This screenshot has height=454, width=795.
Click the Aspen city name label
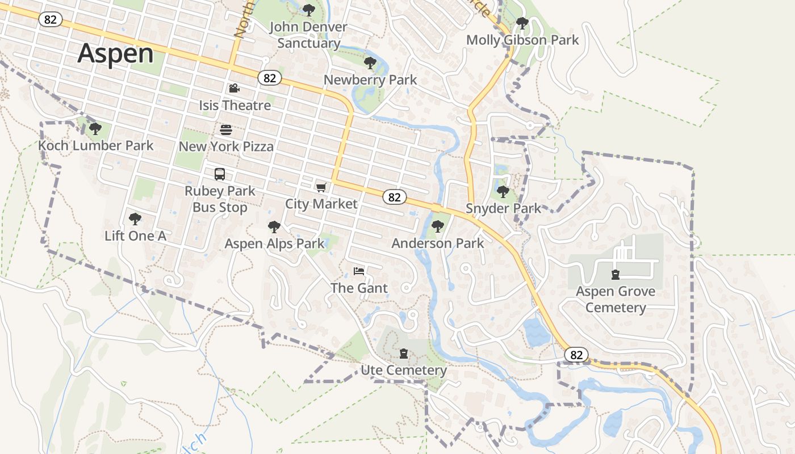pos(115,53)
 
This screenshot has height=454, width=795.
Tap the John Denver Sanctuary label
pos(308,35)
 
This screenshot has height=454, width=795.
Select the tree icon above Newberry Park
pos(370,62)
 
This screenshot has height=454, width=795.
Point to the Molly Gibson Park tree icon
pos(522,23)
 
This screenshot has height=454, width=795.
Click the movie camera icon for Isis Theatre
pos(234,88)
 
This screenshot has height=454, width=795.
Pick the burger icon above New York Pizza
pos(226,129)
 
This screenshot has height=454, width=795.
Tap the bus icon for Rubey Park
pos(220,174)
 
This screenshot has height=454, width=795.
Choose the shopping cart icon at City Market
pos(321,187)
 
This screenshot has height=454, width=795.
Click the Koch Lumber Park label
pos(95,145)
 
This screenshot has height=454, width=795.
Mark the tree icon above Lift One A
pos(135,218)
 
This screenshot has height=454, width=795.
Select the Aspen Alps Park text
pos(274,243)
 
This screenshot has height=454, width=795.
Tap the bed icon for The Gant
pos(359,271)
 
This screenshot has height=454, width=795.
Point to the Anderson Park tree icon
pos(437,226)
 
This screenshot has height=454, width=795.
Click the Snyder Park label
pos(504,208)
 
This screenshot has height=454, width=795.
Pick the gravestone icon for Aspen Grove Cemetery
pos(615,275)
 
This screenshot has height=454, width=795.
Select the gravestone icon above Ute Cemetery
pos(404,354)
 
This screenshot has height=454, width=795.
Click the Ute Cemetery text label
pos(404,371)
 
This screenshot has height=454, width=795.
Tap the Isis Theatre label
pos(235,105)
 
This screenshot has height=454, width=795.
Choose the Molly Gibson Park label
pos(522,40)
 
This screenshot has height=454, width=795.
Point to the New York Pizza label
pos(226,146)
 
